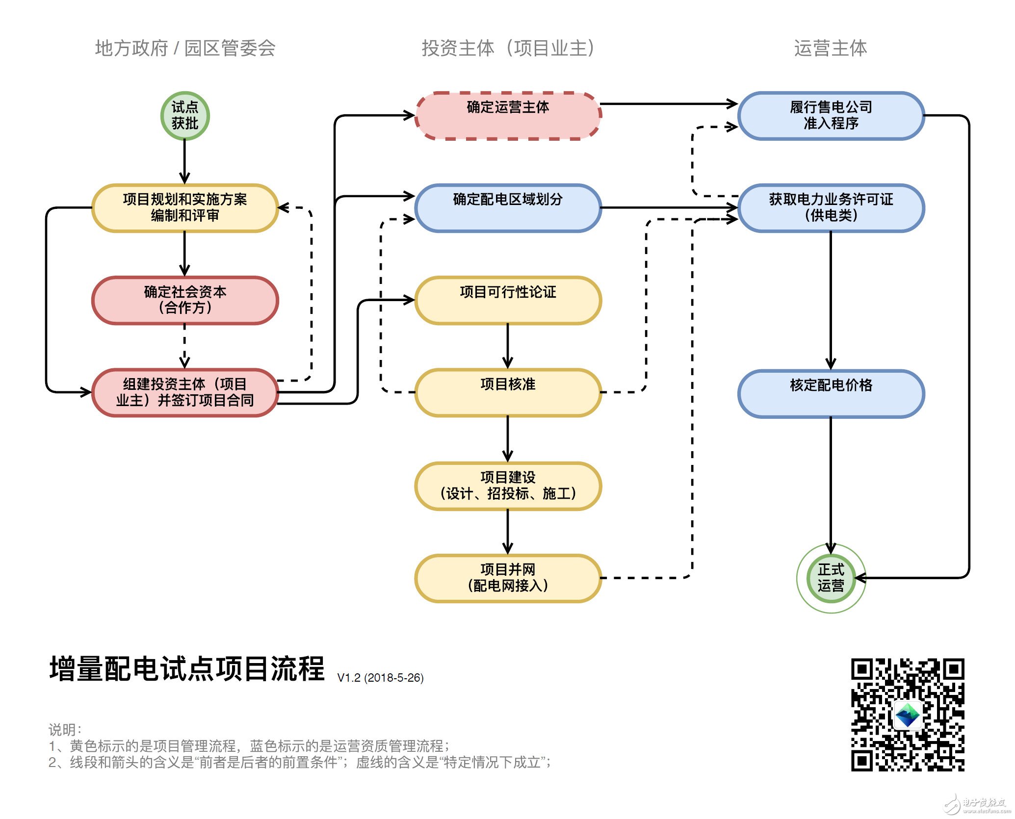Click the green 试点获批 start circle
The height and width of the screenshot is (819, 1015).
point(185,116)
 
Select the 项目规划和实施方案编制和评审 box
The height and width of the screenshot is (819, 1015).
point(185,207)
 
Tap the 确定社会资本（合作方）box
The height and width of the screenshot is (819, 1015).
point(185,300)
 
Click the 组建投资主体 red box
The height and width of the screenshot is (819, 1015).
point(185,392)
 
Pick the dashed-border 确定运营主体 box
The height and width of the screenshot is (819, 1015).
point(508,116)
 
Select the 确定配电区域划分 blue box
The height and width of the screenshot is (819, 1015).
point(508,207)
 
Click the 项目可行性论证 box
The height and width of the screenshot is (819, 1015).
point(508,300)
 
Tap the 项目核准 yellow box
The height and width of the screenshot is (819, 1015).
point(508,392)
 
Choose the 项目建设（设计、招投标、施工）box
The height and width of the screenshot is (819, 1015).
point(508,486)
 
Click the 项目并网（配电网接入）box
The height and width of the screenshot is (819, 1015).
point(508,578)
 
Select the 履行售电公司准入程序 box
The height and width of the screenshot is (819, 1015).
point(831,116)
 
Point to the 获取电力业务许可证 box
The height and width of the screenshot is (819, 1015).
point(831,207)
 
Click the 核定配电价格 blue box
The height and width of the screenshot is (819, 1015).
point(831,393)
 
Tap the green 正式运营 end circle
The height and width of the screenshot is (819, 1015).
point(831,578)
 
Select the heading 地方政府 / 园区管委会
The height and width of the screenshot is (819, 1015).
point(185,48)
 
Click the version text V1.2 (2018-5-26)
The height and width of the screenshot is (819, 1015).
point(380,678)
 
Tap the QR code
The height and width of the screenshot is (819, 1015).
point(907,714)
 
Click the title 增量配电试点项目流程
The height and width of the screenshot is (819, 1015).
point(186,669)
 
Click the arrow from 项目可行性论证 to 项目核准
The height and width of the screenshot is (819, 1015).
point(508,346)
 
